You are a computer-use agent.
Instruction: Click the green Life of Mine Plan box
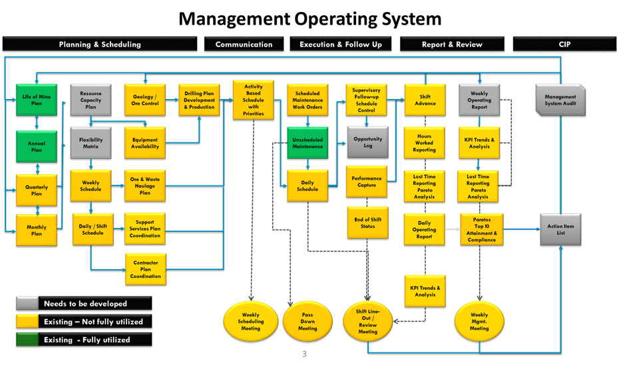pos(37,100)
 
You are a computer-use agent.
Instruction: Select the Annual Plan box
pos(37,146)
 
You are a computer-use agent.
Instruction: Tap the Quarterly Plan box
pos(37,190)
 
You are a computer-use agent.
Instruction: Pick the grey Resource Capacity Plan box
pos(91,100)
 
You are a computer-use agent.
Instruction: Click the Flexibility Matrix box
pos(91,143)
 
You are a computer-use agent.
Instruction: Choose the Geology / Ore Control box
pos(145,100)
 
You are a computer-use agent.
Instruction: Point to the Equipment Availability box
pos(145,143)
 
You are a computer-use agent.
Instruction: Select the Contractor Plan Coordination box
pos(145,269)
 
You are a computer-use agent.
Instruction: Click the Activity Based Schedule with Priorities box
pos(253,100)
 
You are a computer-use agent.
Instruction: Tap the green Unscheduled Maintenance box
pos(308,143)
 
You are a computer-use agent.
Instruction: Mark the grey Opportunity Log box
pos(367,142)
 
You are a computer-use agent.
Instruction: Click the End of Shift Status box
pos(367,223)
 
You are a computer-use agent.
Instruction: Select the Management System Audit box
pos(560,100)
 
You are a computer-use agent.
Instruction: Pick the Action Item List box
pos(560,229)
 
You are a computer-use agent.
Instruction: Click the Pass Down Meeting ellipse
pos(308,322)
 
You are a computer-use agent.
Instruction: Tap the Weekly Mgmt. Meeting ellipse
pos(479,322)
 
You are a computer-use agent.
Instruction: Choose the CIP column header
pos(564,45)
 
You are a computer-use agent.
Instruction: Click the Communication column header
pos(244,45)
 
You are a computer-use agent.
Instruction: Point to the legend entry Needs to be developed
pos(85,304)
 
